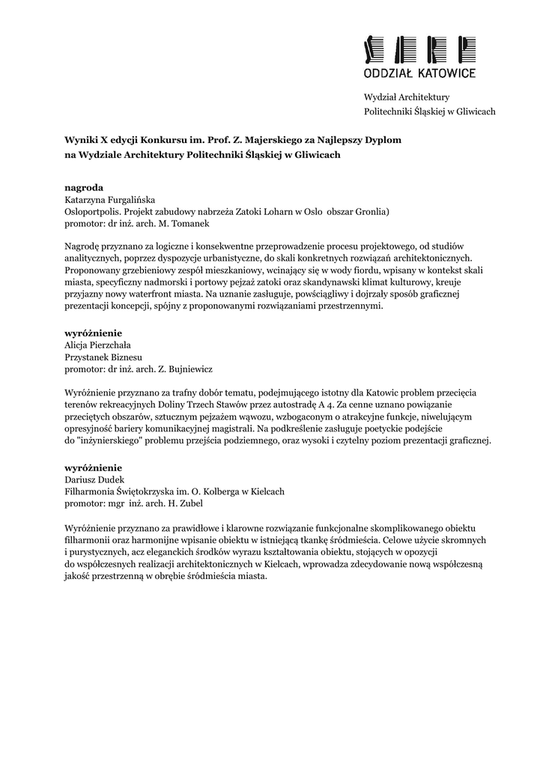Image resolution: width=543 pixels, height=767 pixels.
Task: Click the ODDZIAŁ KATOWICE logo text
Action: pos(419,74)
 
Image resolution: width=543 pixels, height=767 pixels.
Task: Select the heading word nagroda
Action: pos(84,187)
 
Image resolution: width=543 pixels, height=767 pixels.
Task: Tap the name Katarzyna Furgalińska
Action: pos(109,200)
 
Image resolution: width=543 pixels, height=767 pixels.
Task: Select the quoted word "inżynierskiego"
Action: pos(109,441)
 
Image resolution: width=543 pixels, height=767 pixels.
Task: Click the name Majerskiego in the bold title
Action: pos(289,140)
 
